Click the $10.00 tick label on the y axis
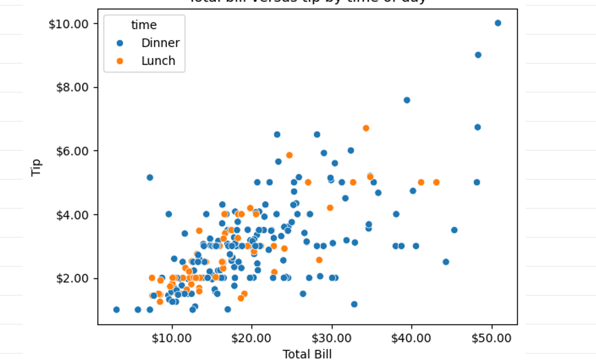(x=68, y=23)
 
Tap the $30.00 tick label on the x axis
(x=332, y=338)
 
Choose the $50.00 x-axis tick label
(x=491, y=338)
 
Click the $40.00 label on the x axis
(x=411, y=338)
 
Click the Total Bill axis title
(x=307, y=354)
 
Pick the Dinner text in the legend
(x=160, y=43)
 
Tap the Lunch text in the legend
(x=158, y=61)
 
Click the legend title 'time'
(x=143, y=25)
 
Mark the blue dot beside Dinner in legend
(x=119, y=43)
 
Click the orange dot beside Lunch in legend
(x=119, y=61)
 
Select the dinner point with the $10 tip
(x=497, y=23)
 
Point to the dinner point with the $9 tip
(x=477, y=55)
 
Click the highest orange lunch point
(x=365, y=128)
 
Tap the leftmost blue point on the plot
(x=116, y=309)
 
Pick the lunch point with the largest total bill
(x=436, y=182)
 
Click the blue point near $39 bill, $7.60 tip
(x=406, y=100)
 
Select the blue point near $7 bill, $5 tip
(x=149, y=177)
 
